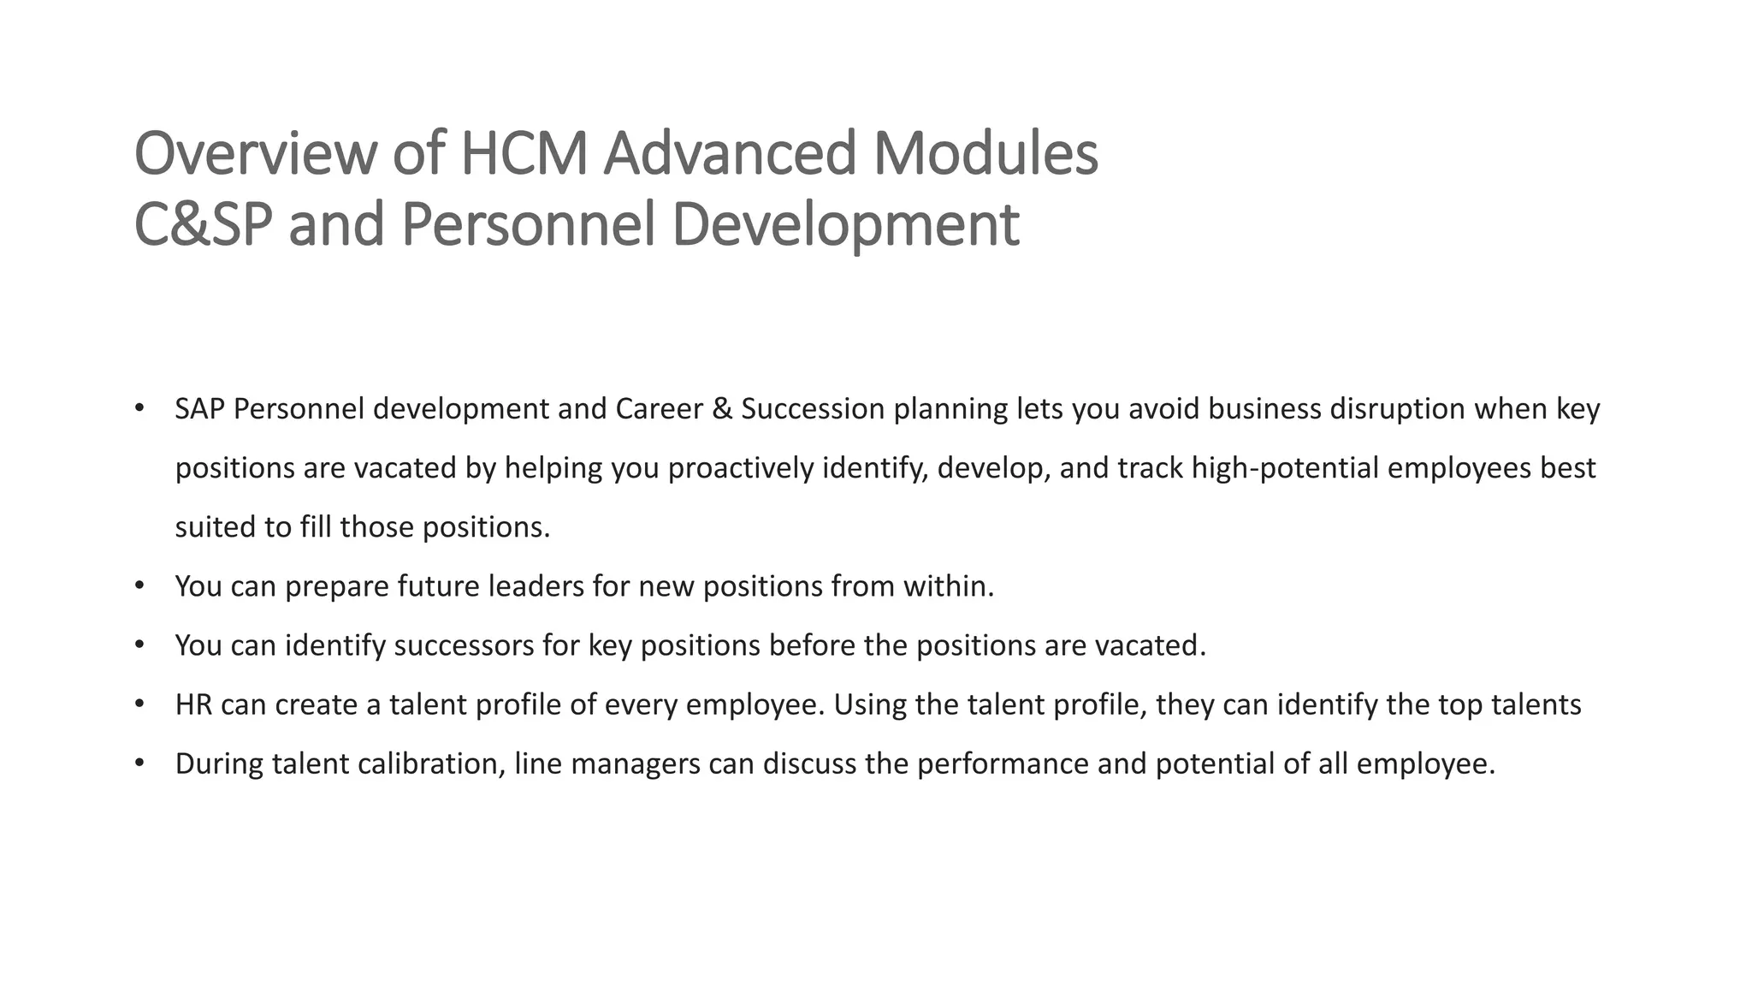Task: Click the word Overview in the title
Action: click(x=255, y=154)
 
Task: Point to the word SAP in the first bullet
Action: click(x=200, y=409)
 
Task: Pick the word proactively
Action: click(x=741, y=468)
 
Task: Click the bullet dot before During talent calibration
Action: click(x=139, y=763)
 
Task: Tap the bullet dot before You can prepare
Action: click(x=139, y=585)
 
